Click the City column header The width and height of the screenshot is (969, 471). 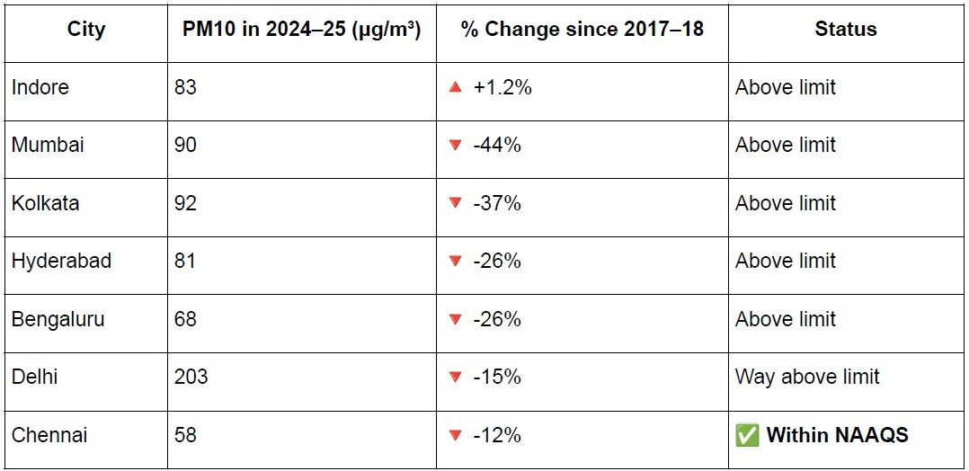pos(86,29)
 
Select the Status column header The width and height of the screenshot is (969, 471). pos(845,29)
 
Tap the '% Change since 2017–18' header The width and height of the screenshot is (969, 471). pos(582,29)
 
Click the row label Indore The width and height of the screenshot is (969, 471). pos(40,87)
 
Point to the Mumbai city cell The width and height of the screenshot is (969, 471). pos(48,145)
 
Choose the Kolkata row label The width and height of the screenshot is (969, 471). pos(45,203)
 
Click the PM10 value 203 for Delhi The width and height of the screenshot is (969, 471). pos(191,377)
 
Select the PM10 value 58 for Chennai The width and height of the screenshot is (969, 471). pos(185,434)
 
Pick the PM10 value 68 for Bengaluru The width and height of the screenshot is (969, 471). pos(185,319)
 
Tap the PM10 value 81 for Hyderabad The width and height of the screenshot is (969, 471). pos(185,261)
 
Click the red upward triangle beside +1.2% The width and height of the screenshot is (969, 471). pos(456,87)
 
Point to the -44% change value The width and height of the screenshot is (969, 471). pos(497,145)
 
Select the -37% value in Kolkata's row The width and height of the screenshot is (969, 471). pos(497,203)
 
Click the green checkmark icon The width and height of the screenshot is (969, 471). pos(747,435)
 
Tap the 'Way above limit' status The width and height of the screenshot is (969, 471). pos(807,377)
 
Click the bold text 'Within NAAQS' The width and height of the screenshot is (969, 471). pos(838,434)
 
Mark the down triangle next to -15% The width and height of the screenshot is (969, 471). pos(456,377)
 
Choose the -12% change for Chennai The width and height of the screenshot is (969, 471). pos(497,434)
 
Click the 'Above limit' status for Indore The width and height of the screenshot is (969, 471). pos(786,87)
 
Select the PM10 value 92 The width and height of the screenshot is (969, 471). pos(185,203)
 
